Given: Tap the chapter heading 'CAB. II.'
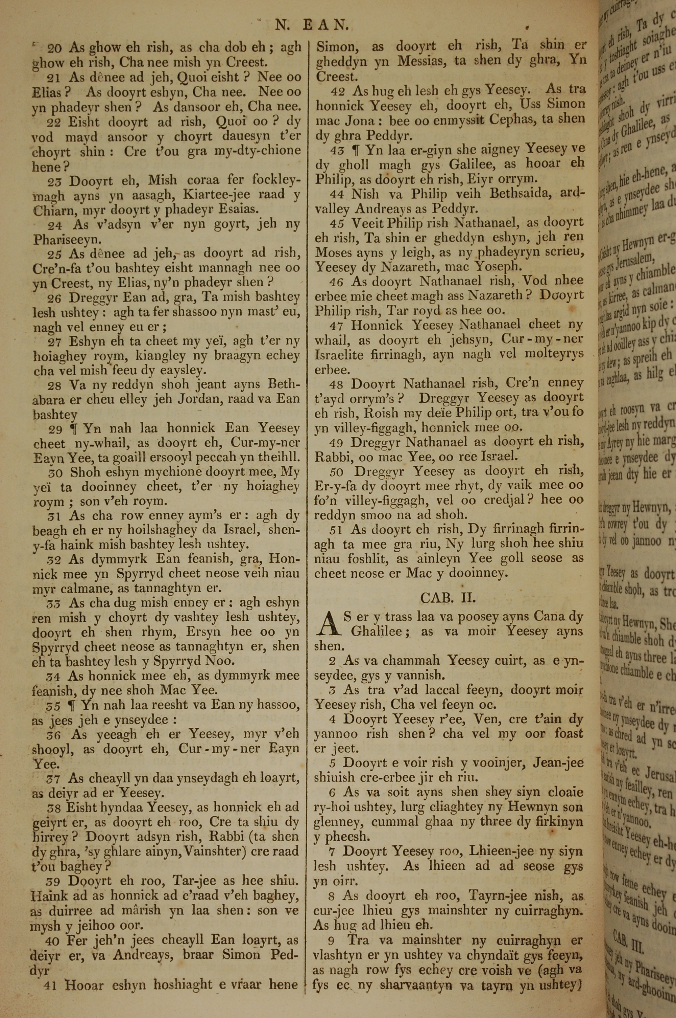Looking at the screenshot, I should coord(448,598).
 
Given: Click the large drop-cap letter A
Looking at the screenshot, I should coord(327,624).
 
